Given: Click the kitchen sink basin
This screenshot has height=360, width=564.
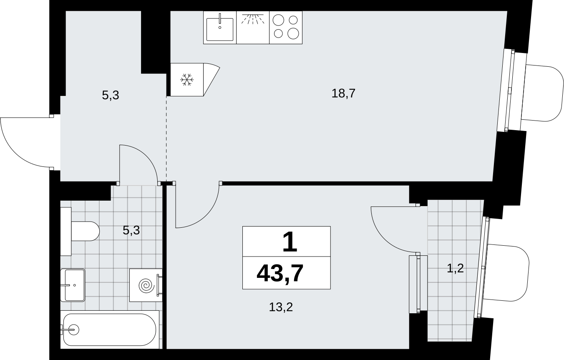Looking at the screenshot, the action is tap(220, 29).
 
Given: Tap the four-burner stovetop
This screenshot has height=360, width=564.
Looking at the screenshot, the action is tap(286, 28).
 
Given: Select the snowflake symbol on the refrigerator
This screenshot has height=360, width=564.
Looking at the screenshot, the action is tap(187, 80).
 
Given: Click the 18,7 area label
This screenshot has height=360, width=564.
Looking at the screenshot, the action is tap(343, 93).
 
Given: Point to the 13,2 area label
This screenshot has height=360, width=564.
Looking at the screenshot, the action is tap(281, 307).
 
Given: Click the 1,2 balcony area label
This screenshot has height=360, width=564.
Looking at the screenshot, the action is tap(455, 268).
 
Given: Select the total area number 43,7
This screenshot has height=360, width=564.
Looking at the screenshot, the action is tap(280, 274).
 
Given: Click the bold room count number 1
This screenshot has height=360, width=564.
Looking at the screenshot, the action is tap(290, 242).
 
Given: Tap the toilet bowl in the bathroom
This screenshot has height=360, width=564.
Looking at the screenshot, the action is tap(86, 231).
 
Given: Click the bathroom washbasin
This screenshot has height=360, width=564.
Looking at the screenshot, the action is tap(73, 285).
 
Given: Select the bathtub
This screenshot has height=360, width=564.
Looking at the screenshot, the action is tap(110, 330).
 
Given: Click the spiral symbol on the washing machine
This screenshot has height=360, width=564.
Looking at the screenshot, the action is tap(146, 285).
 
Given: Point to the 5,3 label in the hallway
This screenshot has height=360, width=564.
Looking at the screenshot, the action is tap(110, 96).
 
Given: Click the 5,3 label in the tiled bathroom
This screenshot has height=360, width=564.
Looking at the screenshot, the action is tap(131, 230).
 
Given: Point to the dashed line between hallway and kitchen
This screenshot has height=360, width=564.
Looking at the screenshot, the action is tap(166, 139).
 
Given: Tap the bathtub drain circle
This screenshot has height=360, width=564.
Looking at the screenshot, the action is tap(74, 330).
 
